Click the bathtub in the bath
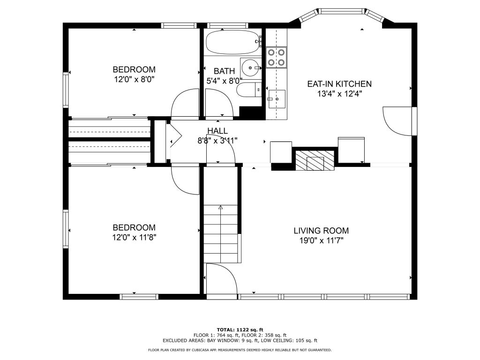coord(233,42)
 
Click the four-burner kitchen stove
coord(277,57)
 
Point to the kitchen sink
coord(277,99)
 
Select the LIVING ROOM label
coord(321,231)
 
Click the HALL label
coord(217,131)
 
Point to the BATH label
coord(225,71)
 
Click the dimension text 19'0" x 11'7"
coord(322,240)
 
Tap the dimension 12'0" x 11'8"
coord(135,238)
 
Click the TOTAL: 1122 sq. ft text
coord(240,330)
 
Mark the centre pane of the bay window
coord(342,11)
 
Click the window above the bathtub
coord(227,25)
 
